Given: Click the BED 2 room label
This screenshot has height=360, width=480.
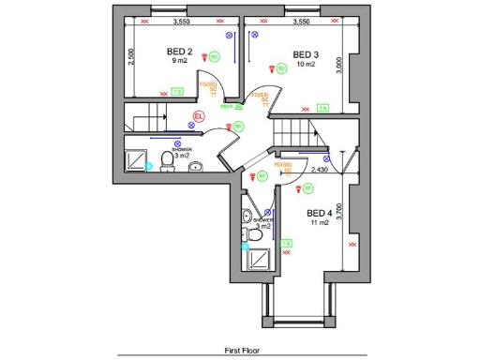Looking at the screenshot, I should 181,52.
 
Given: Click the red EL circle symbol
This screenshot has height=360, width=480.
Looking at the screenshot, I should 197,117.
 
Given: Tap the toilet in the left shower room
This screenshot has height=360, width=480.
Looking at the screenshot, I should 167,162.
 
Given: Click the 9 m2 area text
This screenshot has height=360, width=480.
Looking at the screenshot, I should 180,62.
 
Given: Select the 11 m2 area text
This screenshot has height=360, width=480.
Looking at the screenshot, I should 320,223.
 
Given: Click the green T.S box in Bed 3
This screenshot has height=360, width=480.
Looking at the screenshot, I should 322,108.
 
